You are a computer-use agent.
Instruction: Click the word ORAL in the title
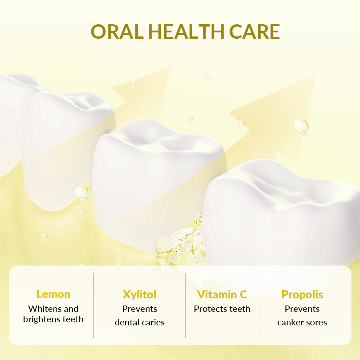(x=117, y=31)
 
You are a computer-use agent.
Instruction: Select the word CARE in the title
(x=254, y=31)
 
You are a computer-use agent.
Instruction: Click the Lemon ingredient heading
(x=53, y=294)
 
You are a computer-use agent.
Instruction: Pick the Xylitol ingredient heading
(x=139, y=295)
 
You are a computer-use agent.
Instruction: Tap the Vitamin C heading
(x=222, y=294)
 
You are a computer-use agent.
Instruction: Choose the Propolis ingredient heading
(x=302, y=295)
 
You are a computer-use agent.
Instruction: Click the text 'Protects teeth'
(x=222, y=309)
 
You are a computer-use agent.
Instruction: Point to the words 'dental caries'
(x=139, y=322)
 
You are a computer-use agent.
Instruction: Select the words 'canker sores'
(x=302, y=322)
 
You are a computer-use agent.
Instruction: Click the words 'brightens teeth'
(x=53, y=319)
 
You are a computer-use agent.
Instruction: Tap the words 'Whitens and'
(x=53, y=309)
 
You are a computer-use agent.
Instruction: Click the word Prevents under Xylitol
(x=139, y=309)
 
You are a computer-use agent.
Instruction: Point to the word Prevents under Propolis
(x=302, y=309)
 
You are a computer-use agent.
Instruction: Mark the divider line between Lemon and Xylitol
(x=94, y=306)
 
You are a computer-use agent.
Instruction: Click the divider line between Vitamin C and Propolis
(x=258, y=306)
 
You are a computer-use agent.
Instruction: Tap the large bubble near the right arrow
(x=301, y=126)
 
